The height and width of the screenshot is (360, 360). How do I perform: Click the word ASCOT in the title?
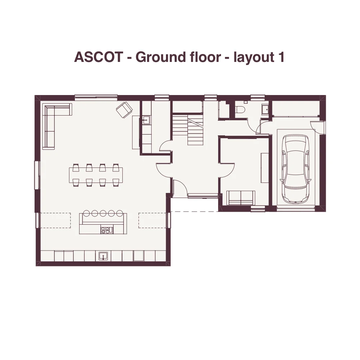pos(99,57)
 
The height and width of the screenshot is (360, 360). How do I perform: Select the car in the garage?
pos(295,169)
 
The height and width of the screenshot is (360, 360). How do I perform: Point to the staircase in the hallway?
pos(188,130)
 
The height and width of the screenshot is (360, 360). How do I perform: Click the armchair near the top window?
pos(124,110)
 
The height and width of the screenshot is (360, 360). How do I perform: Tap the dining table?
pos(96,175)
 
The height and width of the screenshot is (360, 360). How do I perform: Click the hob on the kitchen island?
pos(107,230)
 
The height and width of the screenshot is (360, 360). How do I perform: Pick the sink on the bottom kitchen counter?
pos(103,256)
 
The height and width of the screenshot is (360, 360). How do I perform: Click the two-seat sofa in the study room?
pos(240,198)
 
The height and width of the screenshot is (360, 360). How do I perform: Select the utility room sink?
pos(146,120)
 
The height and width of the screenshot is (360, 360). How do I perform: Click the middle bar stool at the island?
pos(103,213)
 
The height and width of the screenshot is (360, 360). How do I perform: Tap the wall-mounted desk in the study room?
pos(265,168)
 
